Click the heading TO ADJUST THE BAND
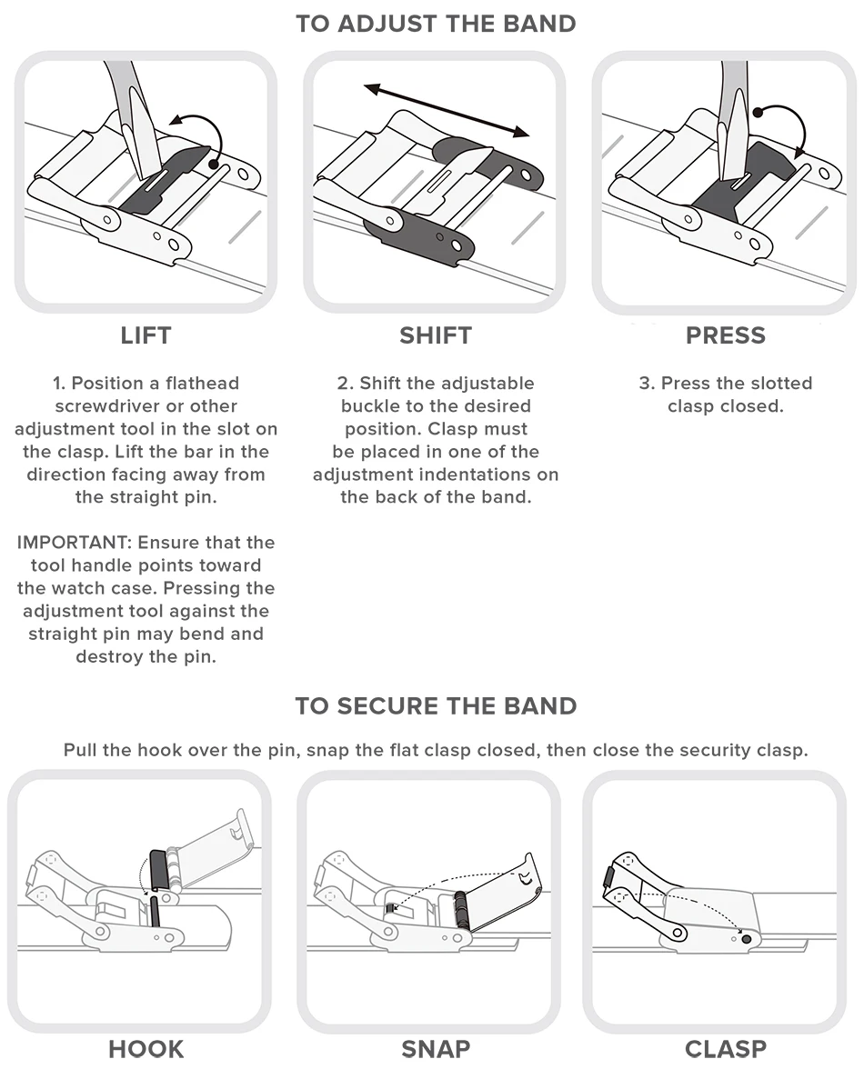[436, 25]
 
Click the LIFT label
[146, 335]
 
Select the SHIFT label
[436, 335]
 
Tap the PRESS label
[726, 335]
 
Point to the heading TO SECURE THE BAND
[436, 706]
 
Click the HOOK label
[146, 1049]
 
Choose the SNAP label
[436, 1049]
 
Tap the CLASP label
[726, 1049]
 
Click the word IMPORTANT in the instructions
[73, 543]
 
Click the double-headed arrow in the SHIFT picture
[446, 111]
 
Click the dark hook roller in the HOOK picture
[157, 869]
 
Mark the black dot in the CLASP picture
[748, 938]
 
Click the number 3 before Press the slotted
[644, 384]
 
